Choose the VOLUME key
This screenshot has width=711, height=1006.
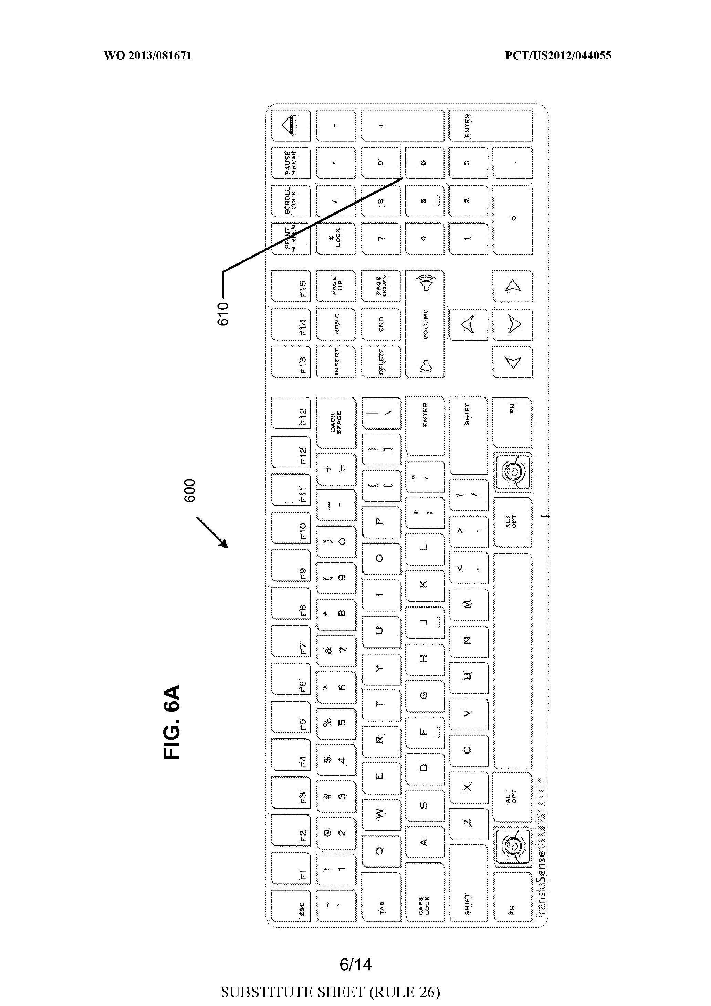click(x=425, y=324)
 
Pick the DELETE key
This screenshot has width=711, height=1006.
click(x=381, y=362)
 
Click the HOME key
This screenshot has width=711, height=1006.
click(x=336, y=324)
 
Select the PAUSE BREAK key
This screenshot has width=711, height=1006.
click(x=291, y=163)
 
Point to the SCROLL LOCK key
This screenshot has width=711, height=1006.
click(x=291, y=201)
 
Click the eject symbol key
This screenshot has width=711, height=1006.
click(x=291, y=125)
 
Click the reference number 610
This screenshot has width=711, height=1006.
click(x=223, y=313)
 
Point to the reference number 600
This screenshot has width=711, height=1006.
click(x=189, y=490)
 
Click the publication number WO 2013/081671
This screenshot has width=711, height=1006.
click(x=148, y=56)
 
